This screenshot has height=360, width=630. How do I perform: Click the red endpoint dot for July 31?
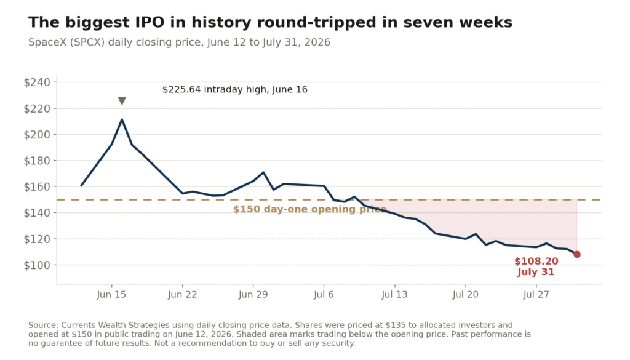tap(577, 254)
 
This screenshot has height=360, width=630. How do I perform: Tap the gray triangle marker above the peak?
tap(122, 101)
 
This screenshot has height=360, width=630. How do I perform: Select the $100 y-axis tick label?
tap(37, 265)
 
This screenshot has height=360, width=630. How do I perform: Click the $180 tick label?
tap(37, 161)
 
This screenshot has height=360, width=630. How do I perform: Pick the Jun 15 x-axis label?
tap(111, 295)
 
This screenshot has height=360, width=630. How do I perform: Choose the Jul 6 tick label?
tap(324, 295)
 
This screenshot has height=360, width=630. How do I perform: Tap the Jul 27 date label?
tap(536, 295)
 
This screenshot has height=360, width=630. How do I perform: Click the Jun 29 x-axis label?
tap(253, 295)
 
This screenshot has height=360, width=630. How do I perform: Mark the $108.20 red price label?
tap(536, 261)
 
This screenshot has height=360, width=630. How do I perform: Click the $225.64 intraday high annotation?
tap(234, 89)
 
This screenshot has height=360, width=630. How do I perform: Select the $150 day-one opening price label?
tap(310, 209)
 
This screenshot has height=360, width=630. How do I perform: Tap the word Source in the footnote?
tap(42, 325)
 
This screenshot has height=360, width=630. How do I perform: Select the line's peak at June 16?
tap(122, 119)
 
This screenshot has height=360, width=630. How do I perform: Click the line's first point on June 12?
tap(81, 186)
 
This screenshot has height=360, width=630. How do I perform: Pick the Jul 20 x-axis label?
tap(465, 295)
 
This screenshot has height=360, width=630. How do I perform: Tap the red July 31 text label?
tap(536, 272)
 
